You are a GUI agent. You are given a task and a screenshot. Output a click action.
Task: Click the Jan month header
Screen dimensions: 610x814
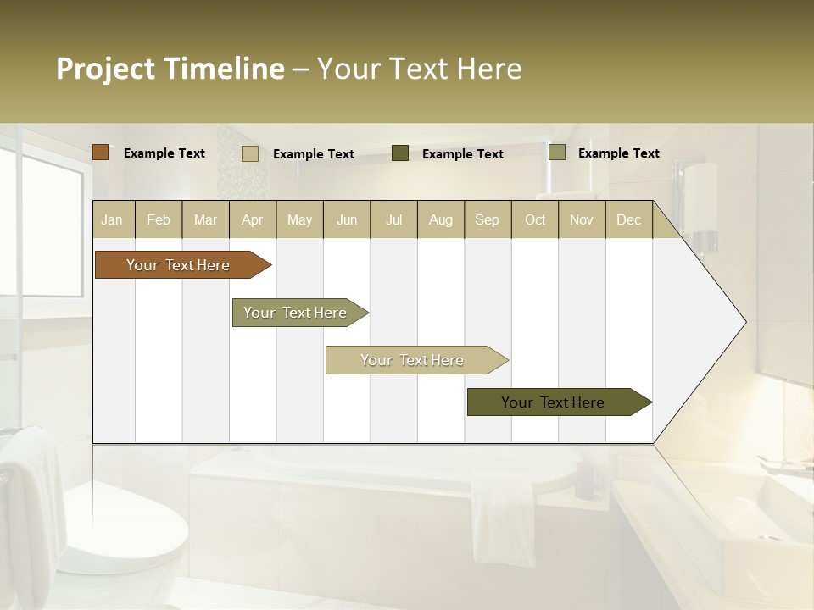point(112,219)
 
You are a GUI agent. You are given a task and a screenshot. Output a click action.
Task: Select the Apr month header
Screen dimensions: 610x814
point(252,219)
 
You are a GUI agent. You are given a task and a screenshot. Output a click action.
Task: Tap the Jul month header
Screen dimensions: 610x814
point(393,219)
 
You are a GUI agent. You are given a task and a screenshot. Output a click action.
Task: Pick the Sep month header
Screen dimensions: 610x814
point(487,219)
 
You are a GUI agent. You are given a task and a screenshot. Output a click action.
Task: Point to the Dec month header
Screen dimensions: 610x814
point(628,219)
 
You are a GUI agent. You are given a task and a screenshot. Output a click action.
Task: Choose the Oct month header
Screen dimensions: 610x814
point(535,219)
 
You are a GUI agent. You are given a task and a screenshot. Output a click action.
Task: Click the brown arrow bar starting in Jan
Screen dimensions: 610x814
point(178,265)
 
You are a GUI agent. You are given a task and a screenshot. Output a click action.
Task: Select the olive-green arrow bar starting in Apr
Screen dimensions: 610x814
point(295,313)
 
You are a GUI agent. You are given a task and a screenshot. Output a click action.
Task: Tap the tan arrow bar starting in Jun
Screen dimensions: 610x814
point(412,360)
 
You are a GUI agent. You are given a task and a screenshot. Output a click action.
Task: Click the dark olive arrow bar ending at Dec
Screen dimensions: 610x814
point(553,402)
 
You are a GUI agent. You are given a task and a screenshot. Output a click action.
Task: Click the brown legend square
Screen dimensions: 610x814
point(100,152)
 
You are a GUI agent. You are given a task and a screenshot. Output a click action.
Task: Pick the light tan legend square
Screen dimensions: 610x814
point(249,153)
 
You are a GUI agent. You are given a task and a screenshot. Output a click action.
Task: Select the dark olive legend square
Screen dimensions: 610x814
point(400,153)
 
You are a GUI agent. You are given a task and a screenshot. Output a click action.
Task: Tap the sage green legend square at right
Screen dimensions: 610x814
point(556,152)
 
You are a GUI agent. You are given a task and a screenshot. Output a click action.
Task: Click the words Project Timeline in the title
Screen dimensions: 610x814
point(170,69)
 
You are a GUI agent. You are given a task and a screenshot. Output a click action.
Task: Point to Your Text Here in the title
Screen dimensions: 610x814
point(419,69)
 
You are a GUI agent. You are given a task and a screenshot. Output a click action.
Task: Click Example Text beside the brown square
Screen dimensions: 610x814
point(164,153)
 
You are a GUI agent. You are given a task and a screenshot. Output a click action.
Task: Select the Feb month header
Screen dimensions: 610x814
point(159,219)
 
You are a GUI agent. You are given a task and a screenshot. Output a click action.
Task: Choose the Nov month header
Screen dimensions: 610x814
point(582,219)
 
